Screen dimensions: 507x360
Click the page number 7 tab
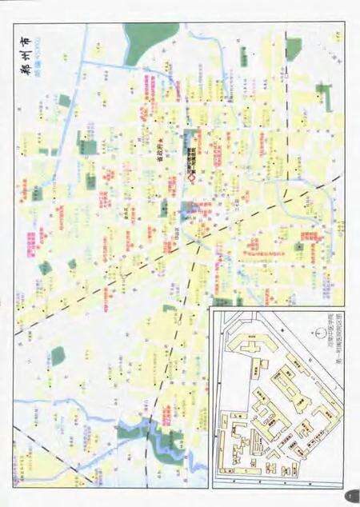350,497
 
